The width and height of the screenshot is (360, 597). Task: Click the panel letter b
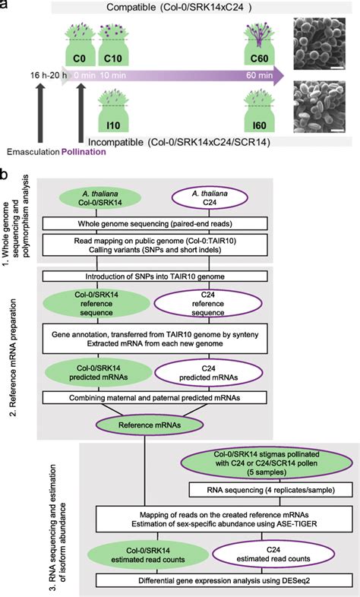(5, 174)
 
